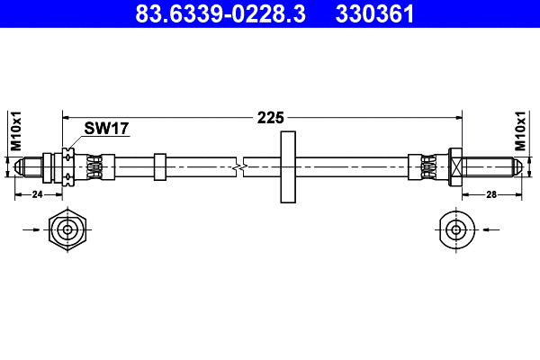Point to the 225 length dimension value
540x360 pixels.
click(270, 117)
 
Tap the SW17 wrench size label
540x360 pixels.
click(106, 129)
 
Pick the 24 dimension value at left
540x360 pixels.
click(38, 193)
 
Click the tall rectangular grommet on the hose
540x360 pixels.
click(288, 166)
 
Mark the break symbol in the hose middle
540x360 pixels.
click(238, 166)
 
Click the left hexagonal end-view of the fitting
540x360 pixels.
click(67, 229)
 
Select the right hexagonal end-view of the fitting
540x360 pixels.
click(456, 229)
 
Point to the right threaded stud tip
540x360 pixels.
click(514, 166)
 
